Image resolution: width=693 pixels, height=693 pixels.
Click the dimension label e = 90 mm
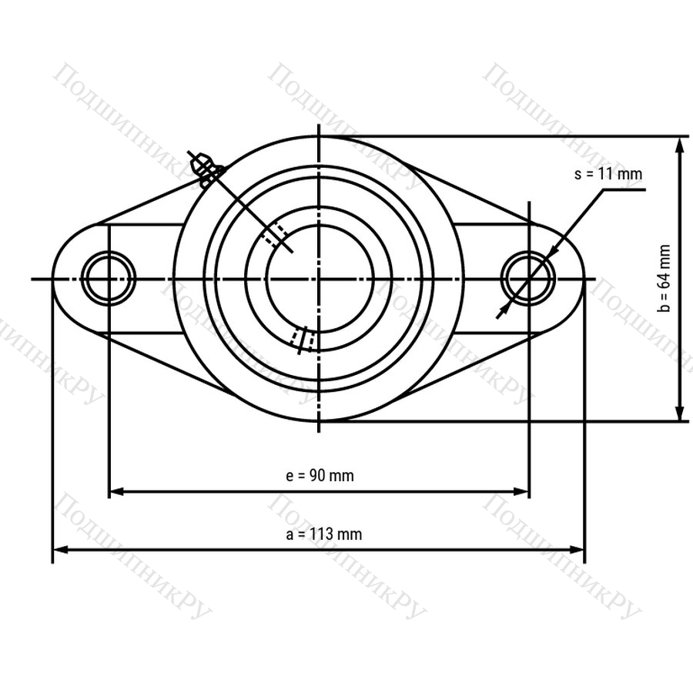point(320,476)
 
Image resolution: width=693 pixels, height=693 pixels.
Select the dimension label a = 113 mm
point(324,534)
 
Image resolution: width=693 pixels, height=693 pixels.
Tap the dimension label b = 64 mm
point(664,279)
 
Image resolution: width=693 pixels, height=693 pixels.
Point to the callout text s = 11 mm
point(608,174)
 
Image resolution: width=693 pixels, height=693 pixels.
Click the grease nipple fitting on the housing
point(205,169)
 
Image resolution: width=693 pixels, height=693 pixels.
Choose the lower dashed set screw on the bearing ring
point(303,340)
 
